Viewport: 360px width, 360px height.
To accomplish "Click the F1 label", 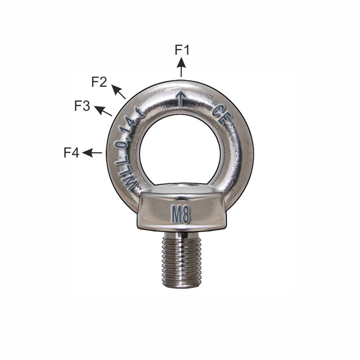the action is tap(182, 50).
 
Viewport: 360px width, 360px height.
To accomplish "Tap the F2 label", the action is tap(99, 82).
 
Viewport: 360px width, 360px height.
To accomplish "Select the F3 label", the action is tap(82, 106).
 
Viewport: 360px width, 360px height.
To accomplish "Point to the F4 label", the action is tap(72, 153).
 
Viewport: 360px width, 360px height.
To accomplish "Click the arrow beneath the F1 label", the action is tap(182, 67).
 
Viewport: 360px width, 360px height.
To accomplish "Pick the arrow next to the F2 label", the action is tap(119, 92).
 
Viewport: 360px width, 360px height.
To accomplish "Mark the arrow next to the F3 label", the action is tap(103, 111).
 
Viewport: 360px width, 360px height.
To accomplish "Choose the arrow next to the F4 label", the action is tap(92, 153).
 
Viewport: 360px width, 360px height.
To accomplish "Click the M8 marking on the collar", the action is tap(181, 214).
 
